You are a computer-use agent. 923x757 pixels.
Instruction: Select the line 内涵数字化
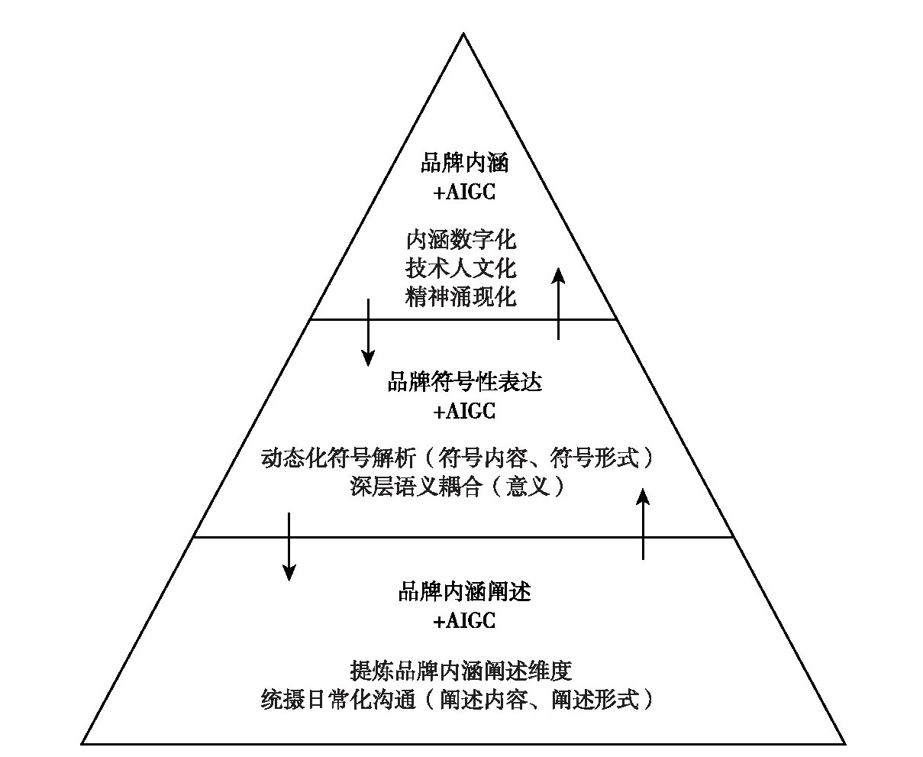click(x=461, y=240)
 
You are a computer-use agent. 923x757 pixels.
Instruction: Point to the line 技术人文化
click(x=461, y=268)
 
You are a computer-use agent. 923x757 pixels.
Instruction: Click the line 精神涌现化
click(x=461, y=296)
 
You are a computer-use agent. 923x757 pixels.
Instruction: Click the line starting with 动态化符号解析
click(x=458, y=458)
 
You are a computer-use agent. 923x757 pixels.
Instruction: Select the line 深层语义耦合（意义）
click(x=458, y=487)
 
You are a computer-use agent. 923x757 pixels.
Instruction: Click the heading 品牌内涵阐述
click(x=464, y=591)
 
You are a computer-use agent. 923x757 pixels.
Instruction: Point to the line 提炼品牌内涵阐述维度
click(x=460, y=671)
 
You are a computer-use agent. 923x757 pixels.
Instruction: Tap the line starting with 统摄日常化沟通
click(x=457, y=699)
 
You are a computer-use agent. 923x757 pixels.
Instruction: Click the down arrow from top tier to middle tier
click(x=368, y=332)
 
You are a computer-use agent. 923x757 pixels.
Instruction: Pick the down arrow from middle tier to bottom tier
click(x=289, y=545)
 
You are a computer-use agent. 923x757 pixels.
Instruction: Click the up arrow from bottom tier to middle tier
click(x=644, y=524)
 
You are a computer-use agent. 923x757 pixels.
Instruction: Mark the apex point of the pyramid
click(x=463, y=33)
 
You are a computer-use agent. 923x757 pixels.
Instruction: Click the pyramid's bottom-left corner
click(x=82, y=742)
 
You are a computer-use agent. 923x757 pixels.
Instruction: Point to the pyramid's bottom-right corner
click(x=844, y=742)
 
